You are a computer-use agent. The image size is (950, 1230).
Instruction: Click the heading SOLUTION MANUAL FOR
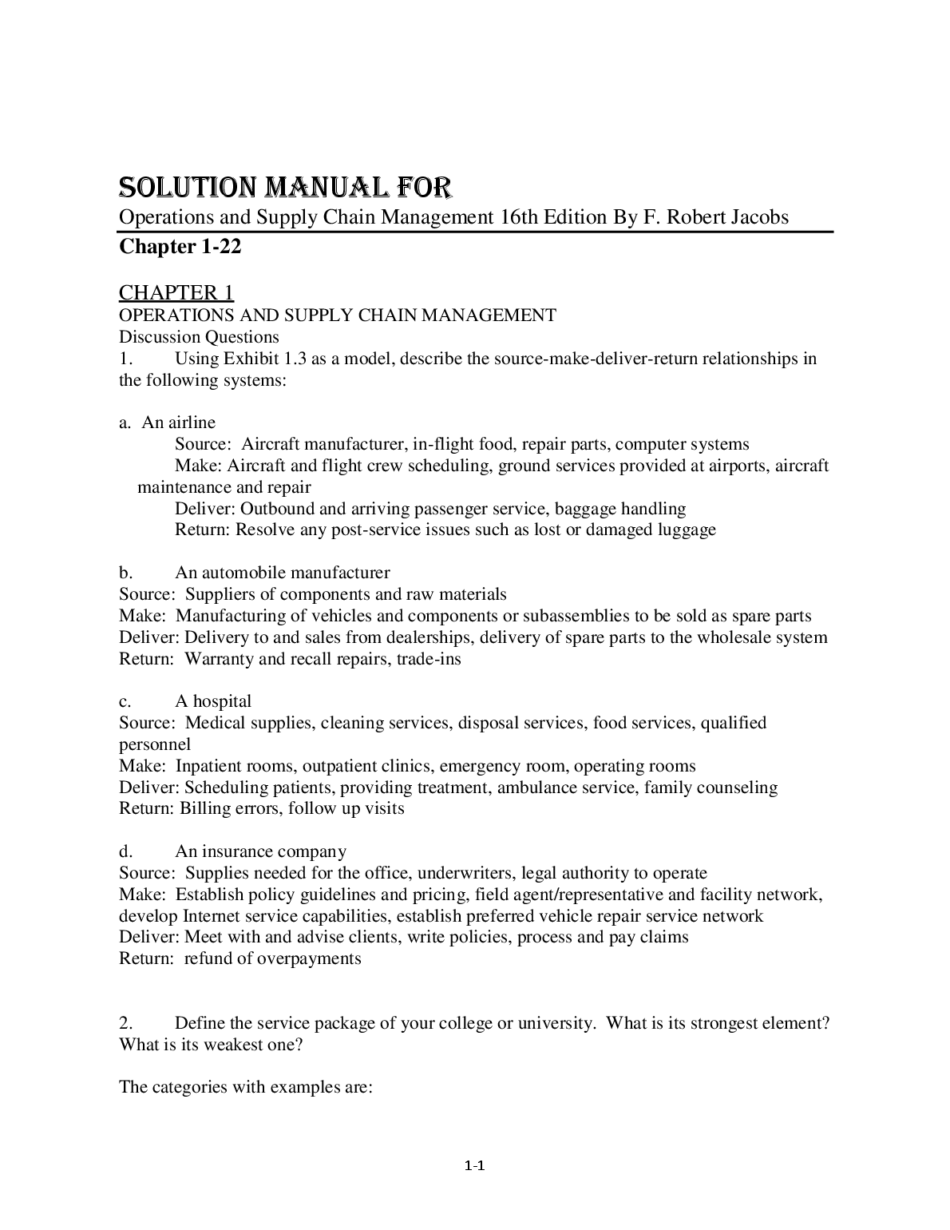pos(285,188)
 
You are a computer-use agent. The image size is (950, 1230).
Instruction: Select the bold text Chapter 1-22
pos(180,247)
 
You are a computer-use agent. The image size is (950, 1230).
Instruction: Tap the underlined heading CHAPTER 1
pos(176,292)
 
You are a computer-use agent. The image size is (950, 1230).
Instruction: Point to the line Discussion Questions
pos(199,337)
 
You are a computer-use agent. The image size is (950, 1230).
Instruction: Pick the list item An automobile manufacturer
pos(282,573)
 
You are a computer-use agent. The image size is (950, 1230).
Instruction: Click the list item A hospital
pos(212,701)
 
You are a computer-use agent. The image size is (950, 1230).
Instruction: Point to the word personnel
pos(155,744)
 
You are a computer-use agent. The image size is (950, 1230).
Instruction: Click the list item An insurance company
pos(260,851)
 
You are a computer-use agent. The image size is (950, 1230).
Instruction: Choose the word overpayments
pos(308,958)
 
